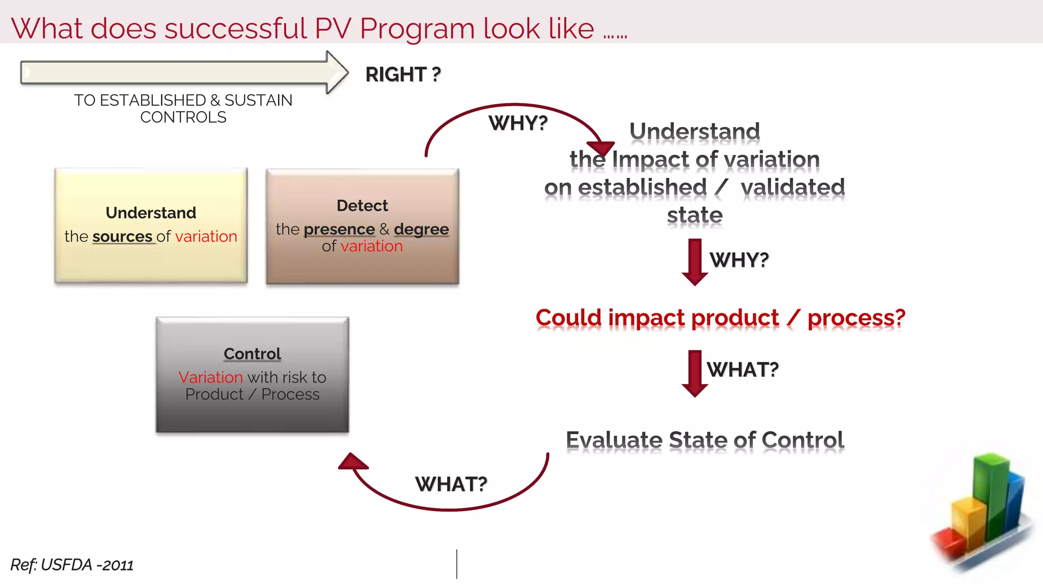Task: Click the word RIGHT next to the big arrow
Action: (395, 74)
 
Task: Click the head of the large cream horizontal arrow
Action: (337, 72)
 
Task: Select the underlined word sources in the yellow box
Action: (122, 236)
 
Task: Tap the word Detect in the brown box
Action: (362, 206)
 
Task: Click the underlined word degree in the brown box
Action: (421, 229)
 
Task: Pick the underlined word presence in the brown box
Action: (339, 229)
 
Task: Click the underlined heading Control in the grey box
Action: (252, 354)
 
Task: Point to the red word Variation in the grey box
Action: (210, 377)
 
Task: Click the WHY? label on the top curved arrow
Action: (518, 123)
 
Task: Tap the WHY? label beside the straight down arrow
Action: (739, 260)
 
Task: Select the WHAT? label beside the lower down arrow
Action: (743, 369)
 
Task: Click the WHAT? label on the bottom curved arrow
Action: (451, 484)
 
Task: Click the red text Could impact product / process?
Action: (720, 318)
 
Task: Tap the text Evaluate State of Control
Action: (705, 440)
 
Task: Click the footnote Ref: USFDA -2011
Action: (72, 565)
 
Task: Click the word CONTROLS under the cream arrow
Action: (183, 117)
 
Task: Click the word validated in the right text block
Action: (792, 187)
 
